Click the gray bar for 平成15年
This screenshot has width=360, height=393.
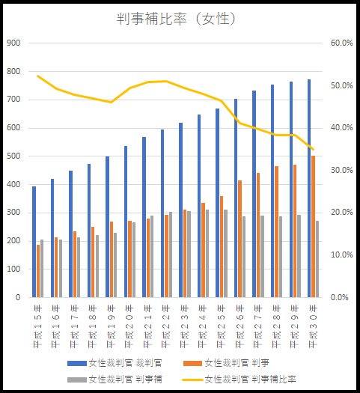tap(42, 268)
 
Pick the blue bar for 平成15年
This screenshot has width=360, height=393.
tap(34, 242)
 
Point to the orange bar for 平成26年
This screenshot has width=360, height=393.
tap(240, 239)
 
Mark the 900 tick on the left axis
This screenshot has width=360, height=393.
tap(13, 43)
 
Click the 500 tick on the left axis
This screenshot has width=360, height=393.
tap(13, 156)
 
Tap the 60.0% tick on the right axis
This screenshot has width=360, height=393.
tap(341, 43)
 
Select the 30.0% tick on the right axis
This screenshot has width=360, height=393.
tap(341, 171)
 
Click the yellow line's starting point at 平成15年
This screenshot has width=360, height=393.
tap(38, 76)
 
